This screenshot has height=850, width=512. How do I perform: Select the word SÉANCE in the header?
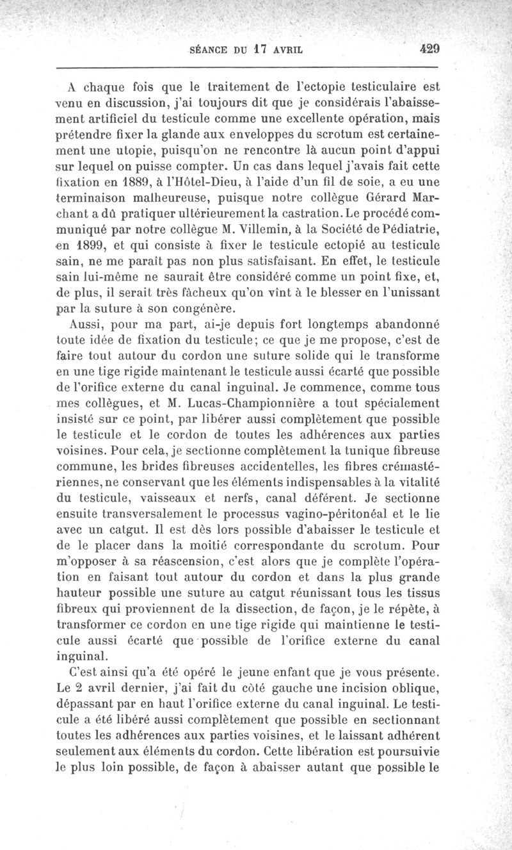point(209,48)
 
